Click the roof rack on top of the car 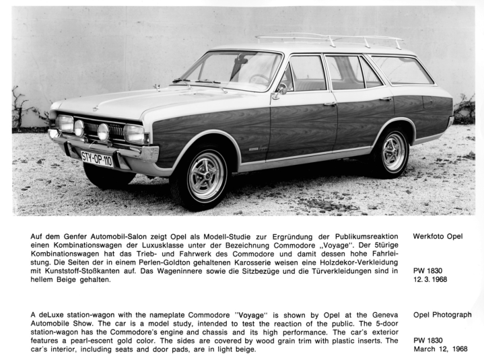coord(330,41)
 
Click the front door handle coord(330,104)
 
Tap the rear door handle coord(386,99)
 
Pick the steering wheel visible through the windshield coord(260,79)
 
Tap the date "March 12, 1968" coord(441,349)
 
